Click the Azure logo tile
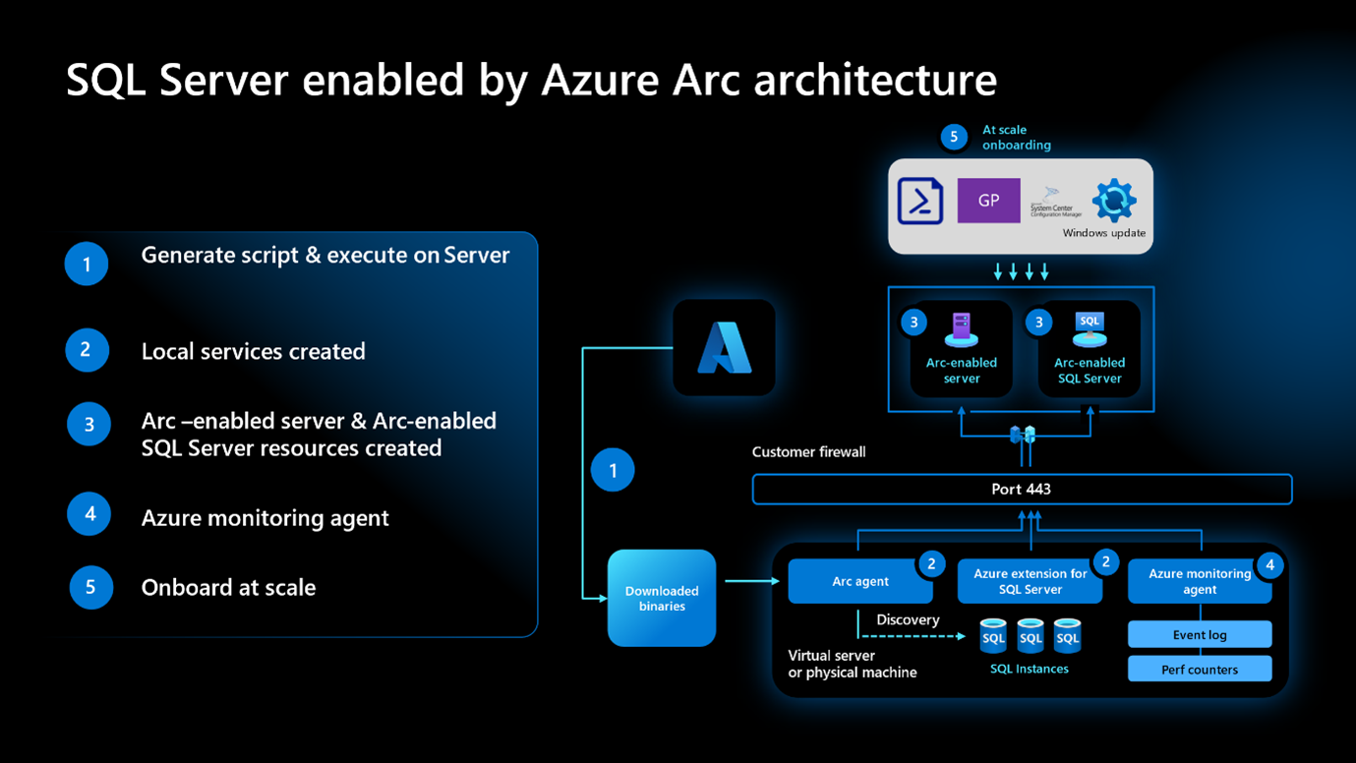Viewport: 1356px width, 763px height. (x=724, y=348)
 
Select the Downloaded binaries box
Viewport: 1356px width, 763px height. (x=662, y=598)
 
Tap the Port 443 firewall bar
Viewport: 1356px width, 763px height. (x=1022, y=489)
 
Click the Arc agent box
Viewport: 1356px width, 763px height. (x=860, y=581)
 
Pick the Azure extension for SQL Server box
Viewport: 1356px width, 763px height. (x=1030, y=581)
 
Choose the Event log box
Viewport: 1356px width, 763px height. (x=1199, y=634)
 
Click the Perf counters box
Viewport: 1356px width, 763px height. (x=1199, y=670)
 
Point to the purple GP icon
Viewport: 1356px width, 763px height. (x=988, y=201)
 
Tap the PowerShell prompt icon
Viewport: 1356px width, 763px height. (x=920, y=200)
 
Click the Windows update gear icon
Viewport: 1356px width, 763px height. (x=1113, y=201)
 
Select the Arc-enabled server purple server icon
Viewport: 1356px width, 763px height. (x=961, y=329)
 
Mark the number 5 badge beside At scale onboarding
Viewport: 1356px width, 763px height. (x=954, y=137)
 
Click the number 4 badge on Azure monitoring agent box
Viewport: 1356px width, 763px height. (x=1269, y=564)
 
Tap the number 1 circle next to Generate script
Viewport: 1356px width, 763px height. (x=87, y=264)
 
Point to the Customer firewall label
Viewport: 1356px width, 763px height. (x=808, y=452)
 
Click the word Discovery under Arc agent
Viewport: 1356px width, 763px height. (x=908, y=619)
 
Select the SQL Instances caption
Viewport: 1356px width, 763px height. (x=1029, y=669)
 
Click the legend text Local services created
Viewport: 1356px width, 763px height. (x=253, y=351)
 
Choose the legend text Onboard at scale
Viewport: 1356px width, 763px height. (x=228, y=587)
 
